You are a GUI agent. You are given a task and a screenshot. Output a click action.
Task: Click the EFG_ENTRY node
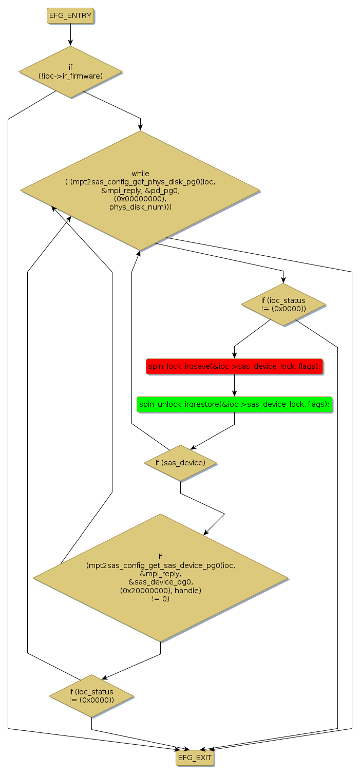[x=70, y=16]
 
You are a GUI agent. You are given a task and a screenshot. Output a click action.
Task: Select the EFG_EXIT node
[x=194, y=758]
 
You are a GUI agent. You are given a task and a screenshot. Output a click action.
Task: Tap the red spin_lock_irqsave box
[x=234, y=366]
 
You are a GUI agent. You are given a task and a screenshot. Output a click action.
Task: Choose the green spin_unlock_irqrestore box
[x=234, y=404]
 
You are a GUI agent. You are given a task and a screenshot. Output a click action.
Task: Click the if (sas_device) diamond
[x=180, y=463]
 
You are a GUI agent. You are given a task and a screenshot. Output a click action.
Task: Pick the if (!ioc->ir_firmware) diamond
[x=70, y=72]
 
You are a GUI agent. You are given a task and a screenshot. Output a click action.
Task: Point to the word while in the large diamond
[x=140, y=174]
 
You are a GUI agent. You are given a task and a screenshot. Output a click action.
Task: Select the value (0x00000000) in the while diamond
[x=140, y=199]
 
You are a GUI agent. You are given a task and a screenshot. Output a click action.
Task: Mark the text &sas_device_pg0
[x=160, y=582]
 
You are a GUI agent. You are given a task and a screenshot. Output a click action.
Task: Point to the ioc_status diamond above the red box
[x=283, y=305]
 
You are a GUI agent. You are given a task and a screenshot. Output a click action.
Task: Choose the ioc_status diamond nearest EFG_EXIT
[x=91, y=696]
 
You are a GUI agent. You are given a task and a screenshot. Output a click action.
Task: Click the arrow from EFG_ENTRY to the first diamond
[x=70, y=35]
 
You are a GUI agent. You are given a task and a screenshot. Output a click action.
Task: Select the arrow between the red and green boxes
[x=234, y=385]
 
